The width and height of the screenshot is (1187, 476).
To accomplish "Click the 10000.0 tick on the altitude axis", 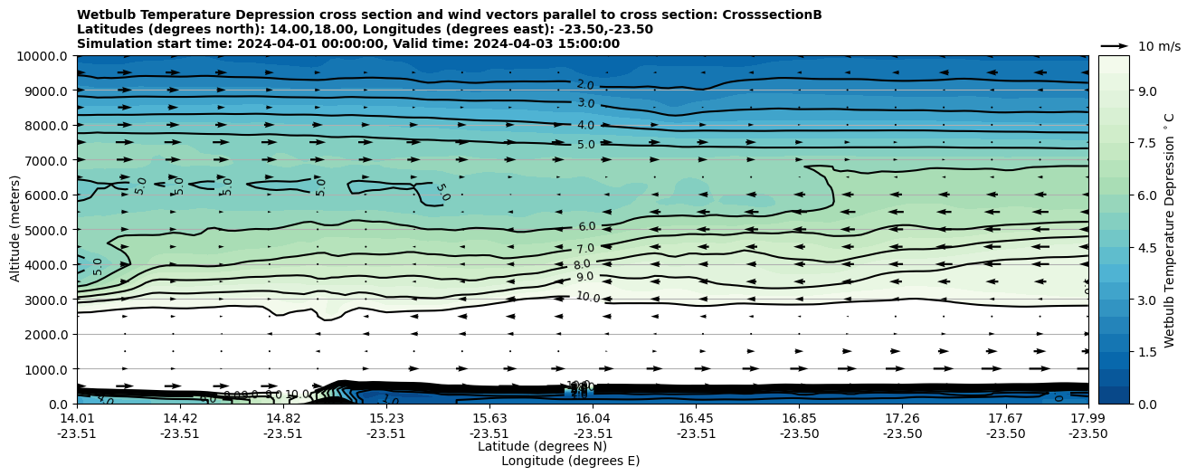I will pyautogui.click(x=43, y=56).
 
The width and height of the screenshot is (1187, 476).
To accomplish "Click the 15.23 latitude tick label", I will pyautogui.click(x=386, y=418).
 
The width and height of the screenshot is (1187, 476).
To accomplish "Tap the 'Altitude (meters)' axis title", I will pyautogui.click(x=15, y=230).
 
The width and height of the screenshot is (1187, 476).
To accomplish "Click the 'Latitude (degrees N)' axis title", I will pyautogui.click(x=542, y=446).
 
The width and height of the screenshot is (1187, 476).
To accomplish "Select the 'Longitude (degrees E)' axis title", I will pyautogui.click(x=570, y=461).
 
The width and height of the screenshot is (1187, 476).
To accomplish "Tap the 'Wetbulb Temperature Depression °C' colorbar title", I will pyautogui.click(x=1169, y=230).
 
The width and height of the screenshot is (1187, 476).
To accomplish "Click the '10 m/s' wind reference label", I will pyautogui.click(x=1159, y=46).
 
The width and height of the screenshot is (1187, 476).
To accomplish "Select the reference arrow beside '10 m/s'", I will pyautogui.click(x=1115, y=46).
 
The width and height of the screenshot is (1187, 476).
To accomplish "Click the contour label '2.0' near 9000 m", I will pyautogui.click(x=585, y=85).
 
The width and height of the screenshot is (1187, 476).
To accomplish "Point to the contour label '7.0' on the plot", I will pyautogui.click(x=585, y=248).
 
